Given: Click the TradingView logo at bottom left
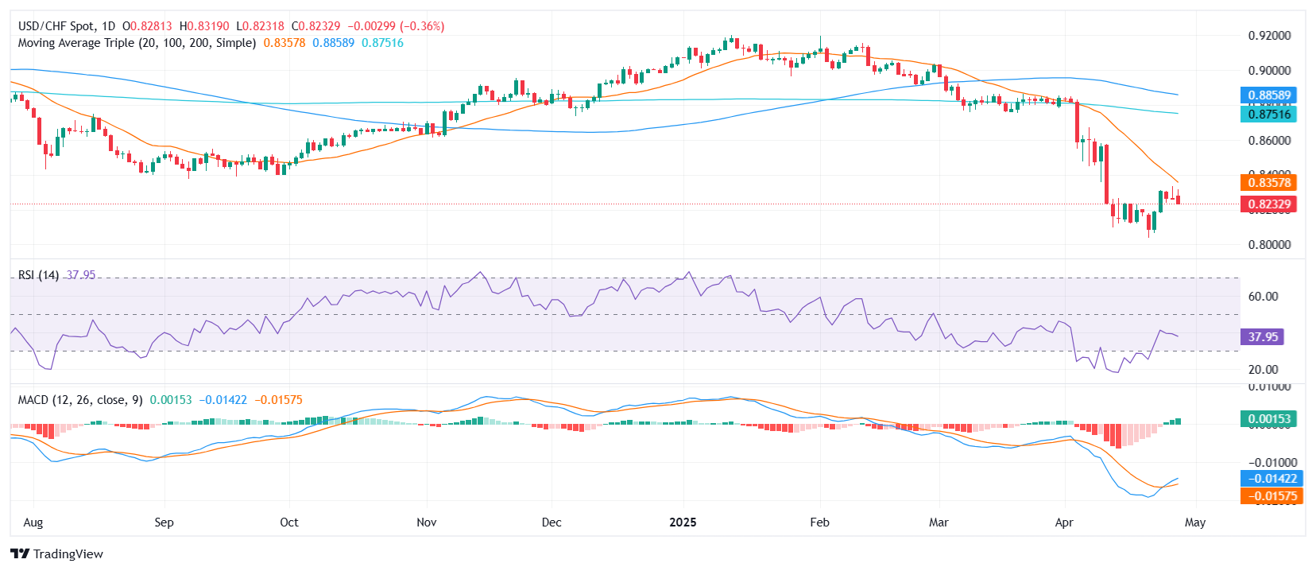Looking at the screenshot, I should point(56,554).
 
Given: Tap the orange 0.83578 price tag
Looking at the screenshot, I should point(1268,183).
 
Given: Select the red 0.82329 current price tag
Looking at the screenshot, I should point(1268,204).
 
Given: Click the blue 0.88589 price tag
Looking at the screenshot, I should point(1268,95).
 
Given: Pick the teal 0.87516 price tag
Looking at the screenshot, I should point(1268,115).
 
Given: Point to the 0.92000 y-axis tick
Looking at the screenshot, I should point(1269,36).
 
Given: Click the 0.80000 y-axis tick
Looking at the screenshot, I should point(1269,245).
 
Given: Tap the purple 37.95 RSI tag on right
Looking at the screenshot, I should point(1262,337).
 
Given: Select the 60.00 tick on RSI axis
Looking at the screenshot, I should point(1263,297).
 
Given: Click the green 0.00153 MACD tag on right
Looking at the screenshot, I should point(1268,419).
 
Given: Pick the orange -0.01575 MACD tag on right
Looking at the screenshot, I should point(1271,496).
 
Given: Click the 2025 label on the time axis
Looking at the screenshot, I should point(683,522).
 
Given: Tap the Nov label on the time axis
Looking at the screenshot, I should point(427,522).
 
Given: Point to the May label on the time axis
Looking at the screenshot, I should point(1194,522).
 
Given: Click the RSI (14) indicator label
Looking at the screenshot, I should point(38,275).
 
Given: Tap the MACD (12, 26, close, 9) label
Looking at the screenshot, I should point(80,400).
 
